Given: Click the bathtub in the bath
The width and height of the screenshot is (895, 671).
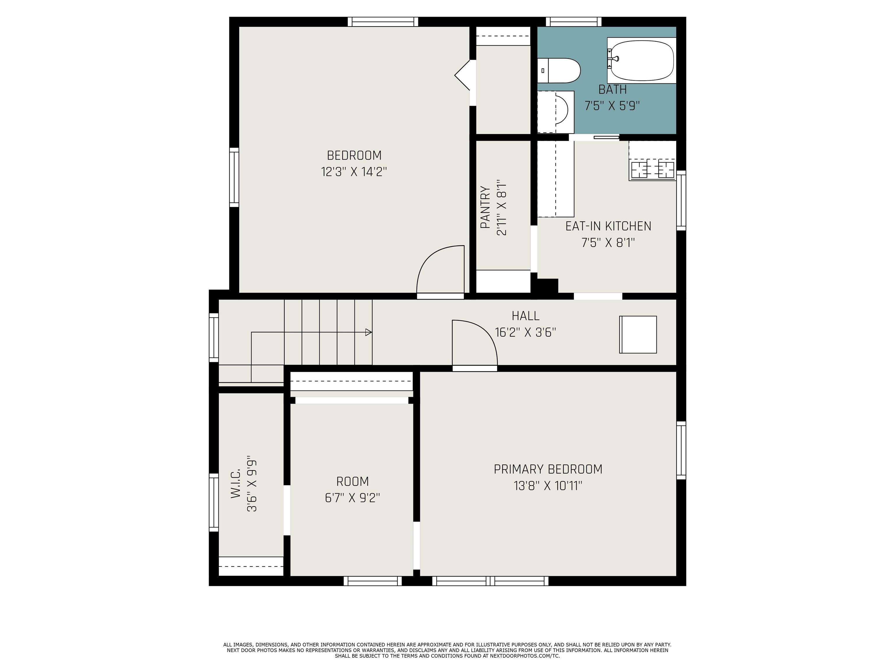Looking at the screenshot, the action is pos(642,61).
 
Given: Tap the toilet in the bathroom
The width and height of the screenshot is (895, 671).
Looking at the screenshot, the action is pos(559,70).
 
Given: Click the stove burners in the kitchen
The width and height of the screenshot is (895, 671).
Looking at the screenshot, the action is pos(653,169).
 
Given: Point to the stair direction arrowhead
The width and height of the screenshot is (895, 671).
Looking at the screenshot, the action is pos(368,332).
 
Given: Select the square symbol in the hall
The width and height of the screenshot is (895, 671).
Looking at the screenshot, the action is pos(638,335).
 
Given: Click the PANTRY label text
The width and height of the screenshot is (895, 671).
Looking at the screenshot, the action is pos(485,207).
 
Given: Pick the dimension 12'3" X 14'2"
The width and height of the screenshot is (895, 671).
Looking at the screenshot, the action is pos(354,172).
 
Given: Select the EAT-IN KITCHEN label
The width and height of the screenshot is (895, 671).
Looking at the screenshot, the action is pos(608,226).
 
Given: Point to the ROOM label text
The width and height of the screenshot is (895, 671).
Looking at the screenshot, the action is pos(353,481).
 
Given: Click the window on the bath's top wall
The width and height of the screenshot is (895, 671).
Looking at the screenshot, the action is pos(574,22).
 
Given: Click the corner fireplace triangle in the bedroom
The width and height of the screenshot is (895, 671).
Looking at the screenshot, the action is pos(462,75).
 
